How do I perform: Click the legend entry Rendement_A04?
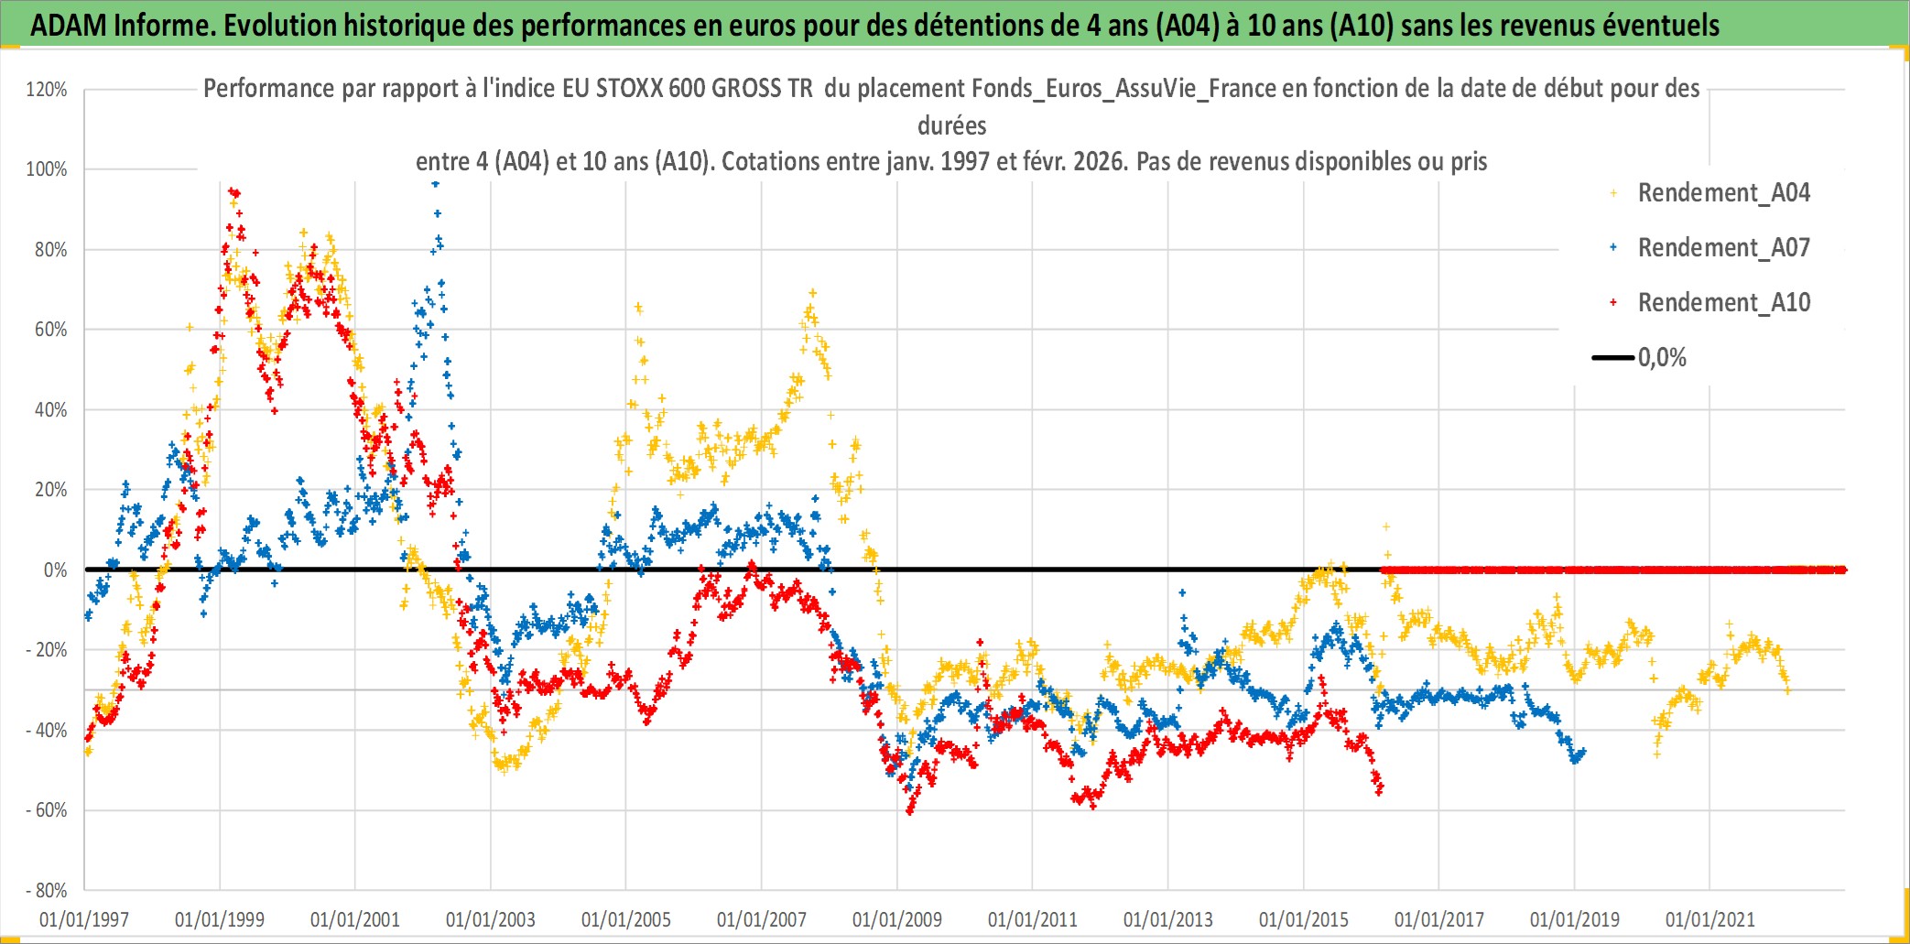tap(1723, 193)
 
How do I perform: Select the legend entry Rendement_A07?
tap(1723, 248)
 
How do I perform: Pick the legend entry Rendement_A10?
tap(1723, 303)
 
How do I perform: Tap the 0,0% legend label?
tap(1662, 358)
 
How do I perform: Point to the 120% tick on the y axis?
tap(47, 90)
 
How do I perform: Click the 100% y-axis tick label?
tap(47, 169)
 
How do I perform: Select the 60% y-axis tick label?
tap(50, 330)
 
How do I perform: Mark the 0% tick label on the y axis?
tap(55, 570)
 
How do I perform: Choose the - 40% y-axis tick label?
tap(46, 731)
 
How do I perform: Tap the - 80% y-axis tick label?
tap(46, 891)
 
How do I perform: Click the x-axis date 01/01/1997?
tap(84, 919)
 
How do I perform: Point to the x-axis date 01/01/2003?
tap(491, 919)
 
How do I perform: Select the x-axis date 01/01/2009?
tap(897, 919)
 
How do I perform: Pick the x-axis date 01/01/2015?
tap(1304, 919)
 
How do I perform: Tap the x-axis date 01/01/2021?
tap(1710, 919)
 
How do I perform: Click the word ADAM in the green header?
tap(69, 26)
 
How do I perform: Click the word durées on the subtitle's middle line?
tap(952, 125)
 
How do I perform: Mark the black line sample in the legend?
tap(1612, 358)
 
